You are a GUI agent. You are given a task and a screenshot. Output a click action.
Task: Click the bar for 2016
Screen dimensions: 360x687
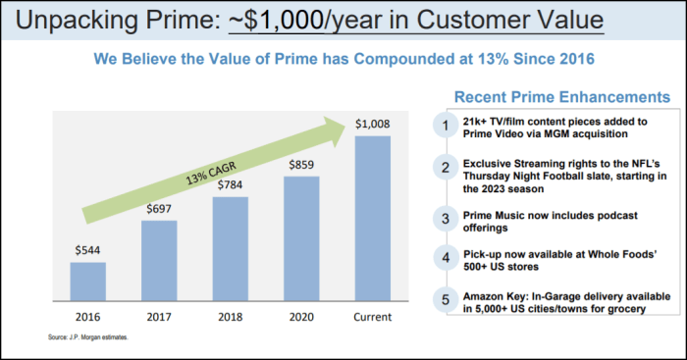click(87, 282)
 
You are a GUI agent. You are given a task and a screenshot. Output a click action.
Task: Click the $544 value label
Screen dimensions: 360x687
click(87, 251)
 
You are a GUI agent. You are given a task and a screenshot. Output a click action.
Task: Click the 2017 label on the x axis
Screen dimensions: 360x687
click(158, 317)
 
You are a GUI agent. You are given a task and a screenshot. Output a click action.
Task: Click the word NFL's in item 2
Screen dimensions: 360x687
click(644, 163)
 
